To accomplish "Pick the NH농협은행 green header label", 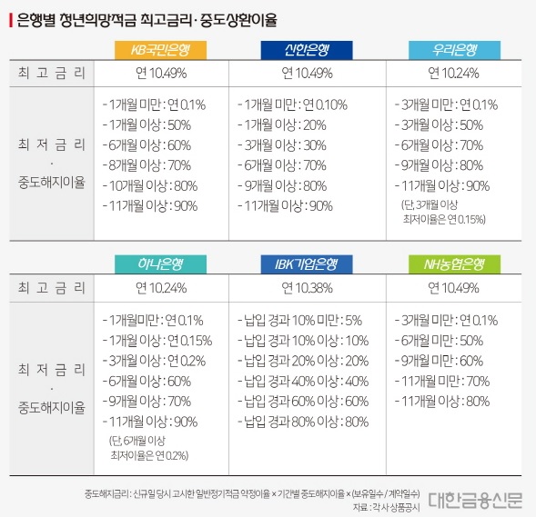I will (453, 264).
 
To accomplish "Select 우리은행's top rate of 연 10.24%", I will (453, 73).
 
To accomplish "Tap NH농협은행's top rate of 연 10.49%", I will (453, 289).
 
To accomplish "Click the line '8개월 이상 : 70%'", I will (148, 164).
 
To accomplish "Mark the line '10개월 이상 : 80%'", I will (150, 185).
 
